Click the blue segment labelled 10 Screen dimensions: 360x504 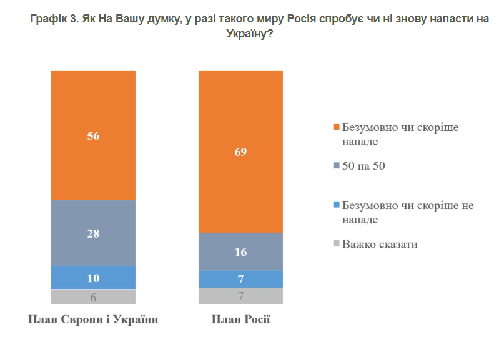[93, 278]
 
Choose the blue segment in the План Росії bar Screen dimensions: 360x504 [240, 279]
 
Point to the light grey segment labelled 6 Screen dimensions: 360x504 [93, 297]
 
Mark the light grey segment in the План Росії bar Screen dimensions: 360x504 [240, 296]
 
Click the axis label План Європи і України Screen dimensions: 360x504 [93, 320]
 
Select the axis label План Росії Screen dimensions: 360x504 [240, 320]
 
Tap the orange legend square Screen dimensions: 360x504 [336, 127]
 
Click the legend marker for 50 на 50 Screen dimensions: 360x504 [336, 166]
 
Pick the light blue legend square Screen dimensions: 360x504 [336, 205]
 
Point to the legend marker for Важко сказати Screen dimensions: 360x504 [336, 243]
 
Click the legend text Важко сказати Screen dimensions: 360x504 [379, 244]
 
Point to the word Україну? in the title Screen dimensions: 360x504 [249, 36]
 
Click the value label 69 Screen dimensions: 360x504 [240, 152]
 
